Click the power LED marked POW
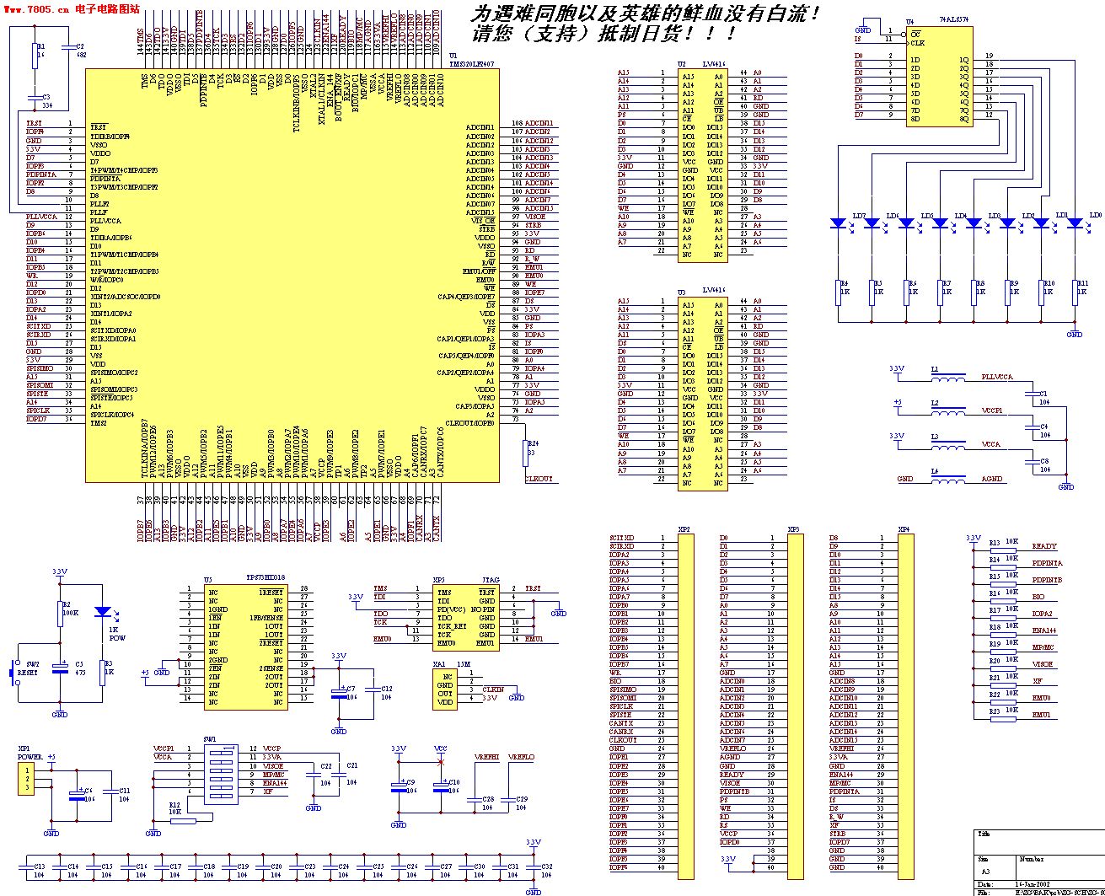click(103, 612)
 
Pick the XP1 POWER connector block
click(27, 781)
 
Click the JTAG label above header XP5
click(491, 581)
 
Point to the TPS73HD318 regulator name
click(265, 578)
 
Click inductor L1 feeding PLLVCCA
click(948, 377)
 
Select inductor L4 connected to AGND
click(948, 479)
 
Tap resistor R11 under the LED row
click(1075, 292)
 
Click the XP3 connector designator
click(793, 529)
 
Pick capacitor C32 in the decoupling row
click(534, 870)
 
